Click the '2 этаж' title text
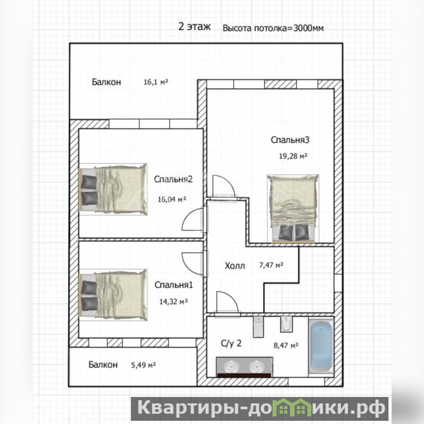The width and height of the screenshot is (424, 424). point(195,27)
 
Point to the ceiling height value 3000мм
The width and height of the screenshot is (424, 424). point(308,28)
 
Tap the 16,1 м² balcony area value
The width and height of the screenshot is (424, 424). point(156,82)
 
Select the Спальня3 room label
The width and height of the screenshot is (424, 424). point(290,140)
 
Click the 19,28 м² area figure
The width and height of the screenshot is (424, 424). point(293,156)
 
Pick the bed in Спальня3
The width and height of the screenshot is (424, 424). point(293,208)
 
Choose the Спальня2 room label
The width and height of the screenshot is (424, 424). point(173,179)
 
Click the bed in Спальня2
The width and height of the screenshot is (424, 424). point(113,189)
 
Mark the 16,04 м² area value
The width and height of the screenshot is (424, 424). point(172,199)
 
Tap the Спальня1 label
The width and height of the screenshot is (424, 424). point(174,285)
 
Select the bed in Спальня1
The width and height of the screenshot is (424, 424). point(113,295)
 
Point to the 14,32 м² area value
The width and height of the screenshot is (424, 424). point(173,301)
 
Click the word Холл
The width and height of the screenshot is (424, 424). point(235,266)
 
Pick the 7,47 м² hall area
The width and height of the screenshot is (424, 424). point(271,265)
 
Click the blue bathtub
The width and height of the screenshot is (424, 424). point(321,347)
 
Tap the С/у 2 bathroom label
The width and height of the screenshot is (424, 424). point(231,343)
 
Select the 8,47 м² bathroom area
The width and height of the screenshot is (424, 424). point(286,346)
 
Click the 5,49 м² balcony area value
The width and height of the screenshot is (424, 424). point(143,365)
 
